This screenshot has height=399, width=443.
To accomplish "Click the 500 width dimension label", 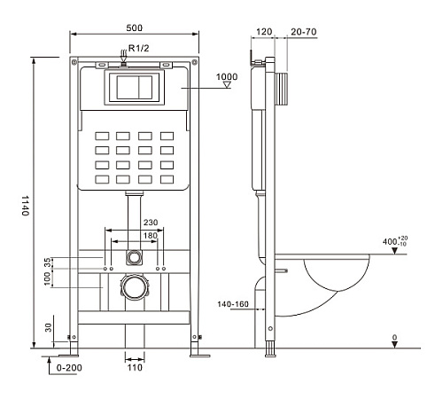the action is click(x=135, y=27).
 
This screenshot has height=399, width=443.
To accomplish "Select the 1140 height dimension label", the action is click(x=26, y=206).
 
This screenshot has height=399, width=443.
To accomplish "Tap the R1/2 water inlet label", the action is click(x=139, y=48).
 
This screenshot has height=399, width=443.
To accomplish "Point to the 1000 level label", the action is click(x=227, y=77).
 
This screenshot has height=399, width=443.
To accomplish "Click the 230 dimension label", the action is click(x=151, y=223).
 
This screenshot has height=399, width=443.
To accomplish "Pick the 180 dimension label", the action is click(x=151, y=236).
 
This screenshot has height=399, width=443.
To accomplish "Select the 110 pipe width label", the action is click(x=135, y=367).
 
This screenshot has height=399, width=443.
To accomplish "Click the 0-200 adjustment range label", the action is click(x=69, y=368).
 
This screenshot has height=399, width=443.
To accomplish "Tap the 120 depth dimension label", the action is click(x=264, y=32).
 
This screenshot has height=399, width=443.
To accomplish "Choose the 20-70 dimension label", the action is click(x=304, y=32).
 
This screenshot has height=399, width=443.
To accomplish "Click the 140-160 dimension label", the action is click(x=233, y=304).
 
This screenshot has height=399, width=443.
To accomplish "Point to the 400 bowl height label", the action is click(x=395, y=241).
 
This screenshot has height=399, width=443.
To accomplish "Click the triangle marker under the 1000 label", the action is click(x=227, y=85).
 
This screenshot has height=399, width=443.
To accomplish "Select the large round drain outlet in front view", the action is click(x=135, y=287).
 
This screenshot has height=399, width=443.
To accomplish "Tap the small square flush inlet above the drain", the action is click(x=134, y=257).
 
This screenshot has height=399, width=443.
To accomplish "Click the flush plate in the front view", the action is click(x=135, y=88).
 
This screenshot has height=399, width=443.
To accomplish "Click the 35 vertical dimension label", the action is click(x=47, y=262).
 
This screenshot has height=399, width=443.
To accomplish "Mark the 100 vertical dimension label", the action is click(x=47, y=278).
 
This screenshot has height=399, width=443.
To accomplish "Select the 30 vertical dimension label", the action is click(x=48, y=327).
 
